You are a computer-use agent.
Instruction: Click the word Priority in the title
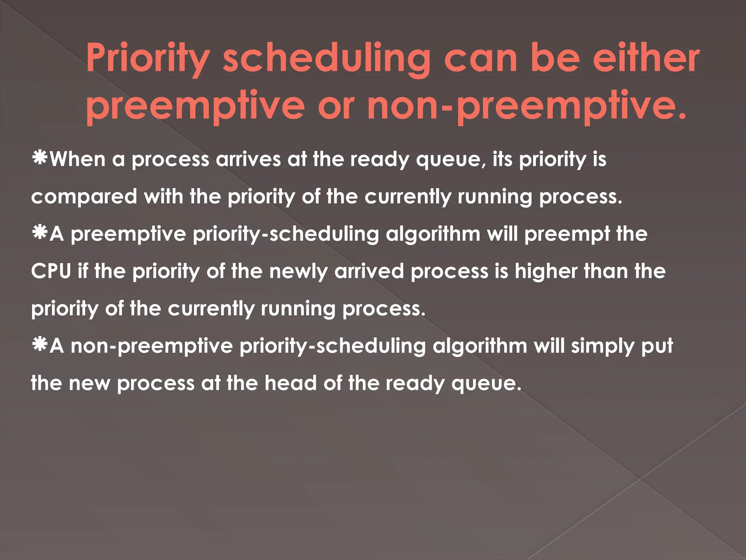pyautogui.click(x=148, y=58)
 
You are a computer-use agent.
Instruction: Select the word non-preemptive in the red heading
pyautogui.click(x=526, y=106)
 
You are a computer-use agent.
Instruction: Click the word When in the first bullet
pyautogui.click(x=78, y=159)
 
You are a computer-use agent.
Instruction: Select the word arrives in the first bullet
pyautogui.click(x=248, y=159)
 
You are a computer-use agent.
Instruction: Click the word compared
pyautogui.click(x=84, y=197)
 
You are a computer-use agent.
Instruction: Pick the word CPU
pyautogui.click(x=51, y=271)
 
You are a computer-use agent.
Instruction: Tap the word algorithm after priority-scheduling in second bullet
pyautogui.click(x=433, y=234)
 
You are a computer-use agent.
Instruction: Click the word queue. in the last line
pyautogui.click(x=486, y=384)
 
